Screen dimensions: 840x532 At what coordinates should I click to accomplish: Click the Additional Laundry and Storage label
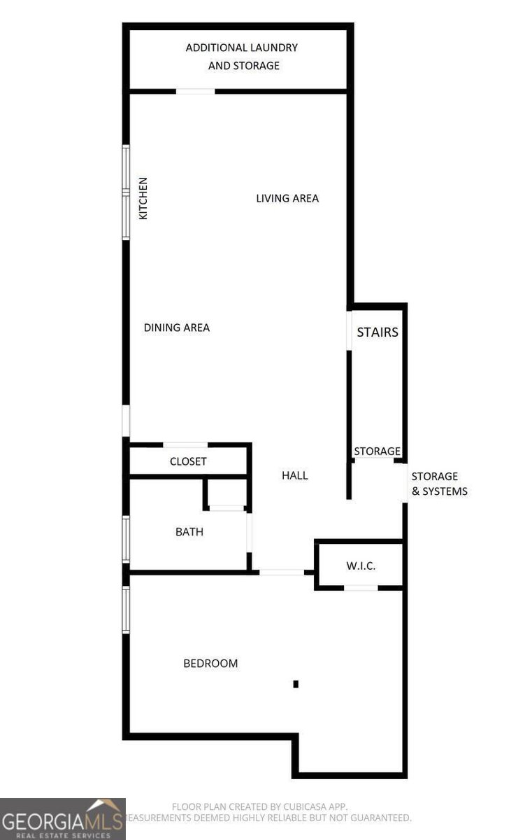point(242,57)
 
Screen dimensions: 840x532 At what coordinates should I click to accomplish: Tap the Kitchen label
point(143,198)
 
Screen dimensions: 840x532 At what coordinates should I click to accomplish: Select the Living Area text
point(287,198)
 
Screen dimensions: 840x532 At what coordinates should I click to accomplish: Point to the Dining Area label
point(177,328)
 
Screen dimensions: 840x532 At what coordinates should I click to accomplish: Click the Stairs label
point(378,332)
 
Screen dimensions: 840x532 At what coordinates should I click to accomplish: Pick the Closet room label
point(188,461)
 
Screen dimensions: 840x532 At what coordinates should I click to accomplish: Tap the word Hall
point(295,475)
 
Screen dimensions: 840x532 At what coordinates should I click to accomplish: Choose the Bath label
point(189,532)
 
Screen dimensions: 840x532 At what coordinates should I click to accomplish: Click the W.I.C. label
point(361,565)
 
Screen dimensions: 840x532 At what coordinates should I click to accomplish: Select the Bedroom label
point(210,663)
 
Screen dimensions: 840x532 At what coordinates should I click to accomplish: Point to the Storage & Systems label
point(439,484)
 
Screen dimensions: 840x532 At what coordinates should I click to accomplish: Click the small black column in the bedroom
point(296,684)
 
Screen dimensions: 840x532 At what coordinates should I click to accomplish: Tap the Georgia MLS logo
point(63,819)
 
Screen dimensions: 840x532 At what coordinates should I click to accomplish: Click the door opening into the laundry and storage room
point(195,91)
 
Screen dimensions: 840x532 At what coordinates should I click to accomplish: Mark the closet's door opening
point(185,444)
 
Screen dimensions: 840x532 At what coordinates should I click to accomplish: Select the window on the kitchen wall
point(126,192)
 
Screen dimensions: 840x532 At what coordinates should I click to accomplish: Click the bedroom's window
point(126,610)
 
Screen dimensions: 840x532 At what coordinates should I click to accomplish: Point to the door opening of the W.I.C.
point(361,587)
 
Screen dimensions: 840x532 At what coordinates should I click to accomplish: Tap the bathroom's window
point(126,539)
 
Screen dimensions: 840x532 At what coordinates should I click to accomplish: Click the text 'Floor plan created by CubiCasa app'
point(259,806)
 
